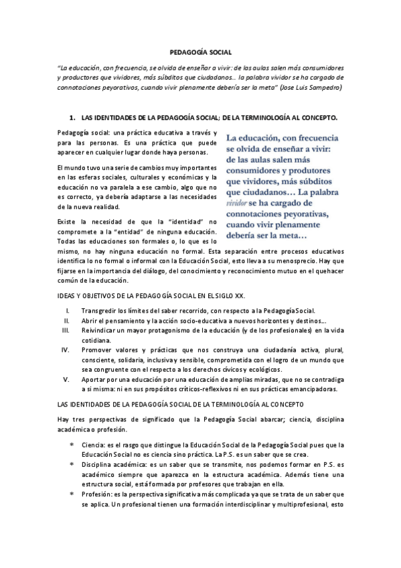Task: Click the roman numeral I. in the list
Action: [68, 311]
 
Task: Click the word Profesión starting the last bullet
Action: [97, 492]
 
